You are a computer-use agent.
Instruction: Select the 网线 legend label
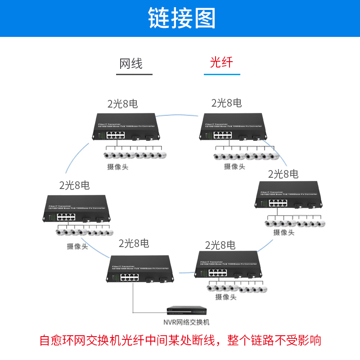point(130,63)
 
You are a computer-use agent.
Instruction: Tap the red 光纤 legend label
point(221,62)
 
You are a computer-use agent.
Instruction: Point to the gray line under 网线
point(134,74)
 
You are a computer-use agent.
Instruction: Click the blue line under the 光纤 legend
point(221,74)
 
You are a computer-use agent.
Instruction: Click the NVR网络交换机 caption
point(186,322)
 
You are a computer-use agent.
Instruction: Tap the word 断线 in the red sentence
point(203,340)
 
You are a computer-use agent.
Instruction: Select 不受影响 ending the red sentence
point(303,340)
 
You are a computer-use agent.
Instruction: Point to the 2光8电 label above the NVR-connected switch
point(134,243)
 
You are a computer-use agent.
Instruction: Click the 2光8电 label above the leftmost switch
point(74,184)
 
